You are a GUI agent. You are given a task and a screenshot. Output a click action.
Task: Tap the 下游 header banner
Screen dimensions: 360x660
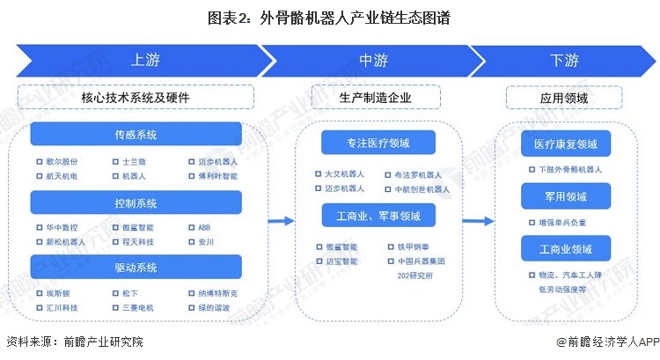pos(564,61)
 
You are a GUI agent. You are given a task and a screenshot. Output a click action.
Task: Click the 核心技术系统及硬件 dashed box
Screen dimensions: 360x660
pos(136,97)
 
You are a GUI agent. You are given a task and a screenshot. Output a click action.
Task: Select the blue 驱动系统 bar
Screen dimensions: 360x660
pos(136,266)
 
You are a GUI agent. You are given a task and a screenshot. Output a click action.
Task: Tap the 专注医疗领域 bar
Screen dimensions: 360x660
pos(378,143)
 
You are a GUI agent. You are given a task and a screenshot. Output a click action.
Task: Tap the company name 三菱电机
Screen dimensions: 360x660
pos(140,308)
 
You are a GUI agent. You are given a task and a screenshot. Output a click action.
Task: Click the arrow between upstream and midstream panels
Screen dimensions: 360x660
pos(281,221)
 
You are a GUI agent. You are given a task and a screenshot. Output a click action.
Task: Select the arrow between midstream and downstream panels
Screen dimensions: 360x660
pos(480,221)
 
